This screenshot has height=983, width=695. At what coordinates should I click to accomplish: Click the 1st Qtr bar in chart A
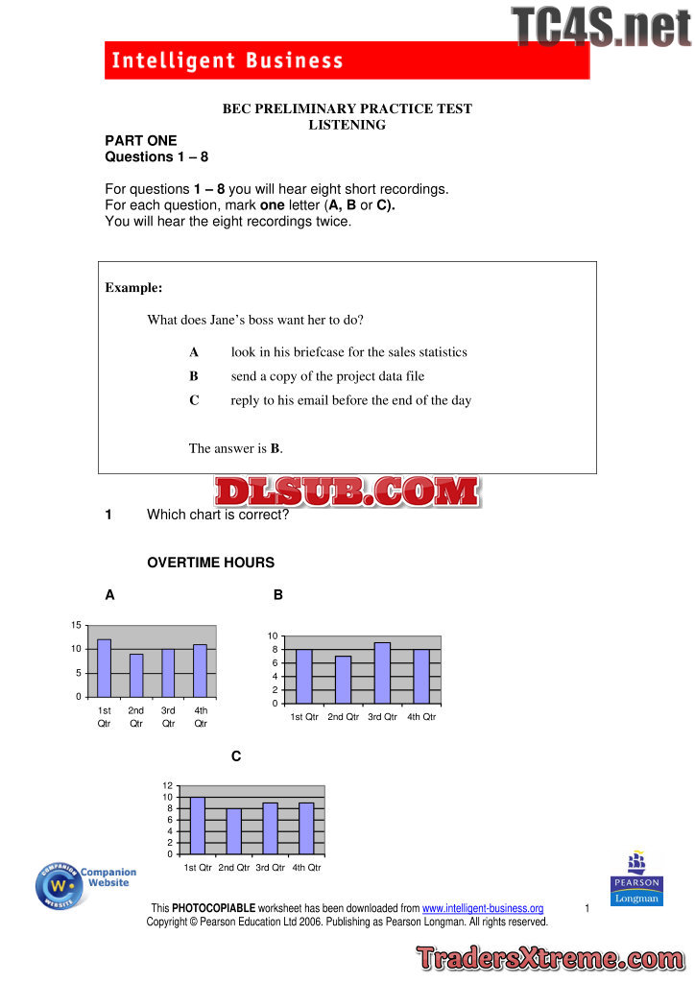click(104, 668)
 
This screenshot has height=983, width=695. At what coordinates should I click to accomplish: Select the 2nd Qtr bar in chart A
click(136, 675)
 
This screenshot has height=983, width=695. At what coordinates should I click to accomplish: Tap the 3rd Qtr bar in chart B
click(382, 673)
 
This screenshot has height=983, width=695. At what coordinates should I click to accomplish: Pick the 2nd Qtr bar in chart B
click(343, 680)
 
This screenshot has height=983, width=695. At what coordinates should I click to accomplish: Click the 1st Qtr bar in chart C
click(198, 826)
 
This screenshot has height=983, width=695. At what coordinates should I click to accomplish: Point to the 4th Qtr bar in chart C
click(306, 828)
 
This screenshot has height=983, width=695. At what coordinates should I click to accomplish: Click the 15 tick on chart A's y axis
click(76, 625)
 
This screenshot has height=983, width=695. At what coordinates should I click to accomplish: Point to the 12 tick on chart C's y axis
click(168, 786)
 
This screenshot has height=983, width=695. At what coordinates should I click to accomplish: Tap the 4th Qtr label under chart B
click(421, 717)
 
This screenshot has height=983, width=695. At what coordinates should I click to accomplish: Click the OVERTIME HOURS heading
click(210, 563)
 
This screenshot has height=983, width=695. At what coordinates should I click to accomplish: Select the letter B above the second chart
click(278, 595)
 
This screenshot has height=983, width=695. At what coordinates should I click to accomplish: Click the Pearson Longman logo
click(635, 876)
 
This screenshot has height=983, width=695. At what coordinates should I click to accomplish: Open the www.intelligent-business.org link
click(483, 908)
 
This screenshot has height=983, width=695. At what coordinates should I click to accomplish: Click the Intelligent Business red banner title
click(228, 61)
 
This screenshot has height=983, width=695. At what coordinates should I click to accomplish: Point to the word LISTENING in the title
click(347, 125)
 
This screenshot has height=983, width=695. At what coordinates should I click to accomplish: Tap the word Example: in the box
click(133, 288)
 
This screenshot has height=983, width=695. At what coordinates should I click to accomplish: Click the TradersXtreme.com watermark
click(550, 959)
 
